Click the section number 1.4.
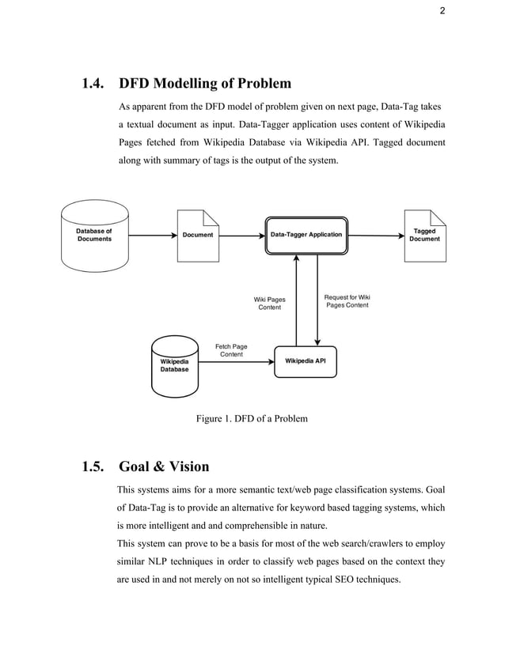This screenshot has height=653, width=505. point(96,84)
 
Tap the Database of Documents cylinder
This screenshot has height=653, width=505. point(94,235)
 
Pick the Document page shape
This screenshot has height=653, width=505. point(197,235)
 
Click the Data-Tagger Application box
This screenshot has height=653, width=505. point(306,235)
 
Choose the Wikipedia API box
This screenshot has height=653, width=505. point(305,361)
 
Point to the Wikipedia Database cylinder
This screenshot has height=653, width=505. point(175,365)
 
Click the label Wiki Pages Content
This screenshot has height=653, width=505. point(269,304)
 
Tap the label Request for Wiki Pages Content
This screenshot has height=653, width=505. point(347,301)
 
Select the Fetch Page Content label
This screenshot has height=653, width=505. point(231,350)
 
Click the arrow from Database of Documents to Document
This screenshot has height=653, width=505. point(151,235)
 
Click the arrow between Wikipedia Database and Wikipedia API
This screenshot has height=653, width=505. point(235,361)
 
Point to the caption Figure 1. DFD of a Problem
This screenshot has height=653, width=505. point(252,419)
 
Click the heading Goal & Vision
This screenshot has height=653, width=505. point(163,466)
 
